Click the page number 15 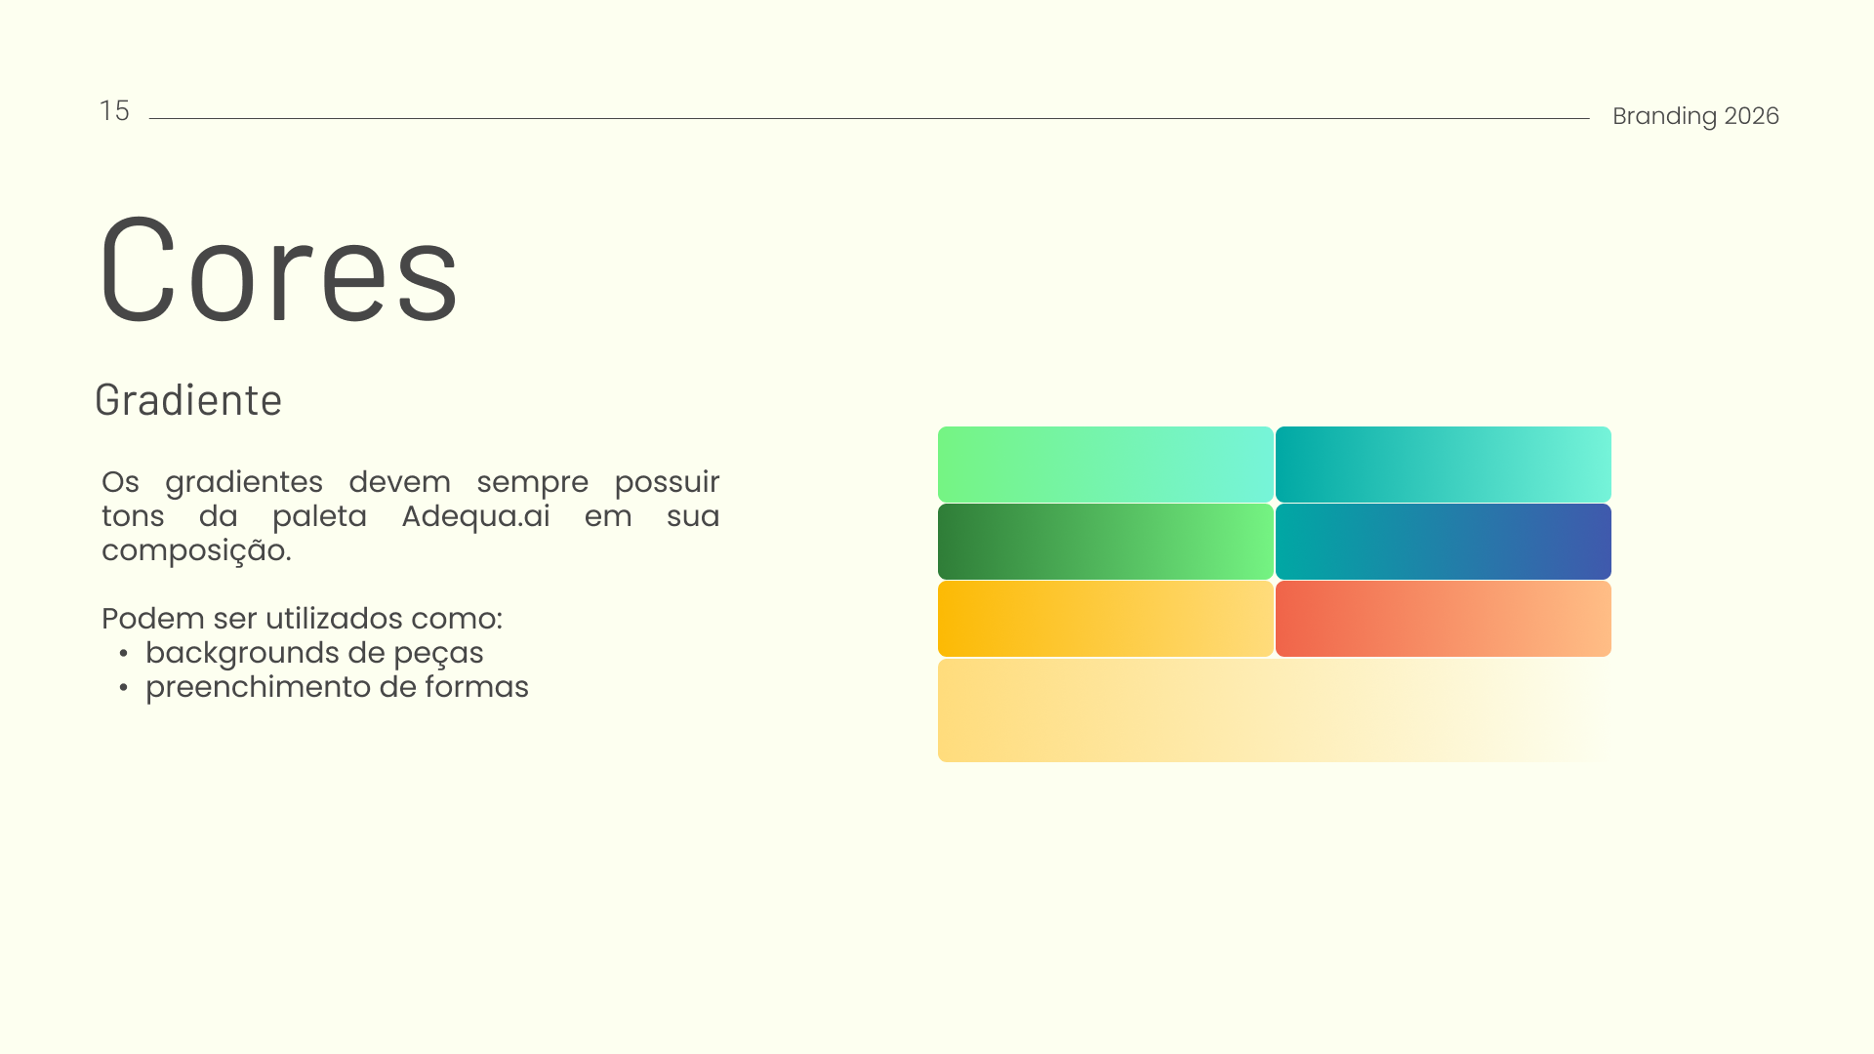click(114, 111)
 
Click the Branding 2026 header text click(1695, 116)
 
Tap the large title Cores click(278, 269)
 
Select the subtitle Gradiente click(188, 400)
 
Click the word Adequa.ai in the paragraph click(475, 516)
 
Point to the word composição click(196, 551)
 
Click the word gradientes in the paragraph click(243, 483)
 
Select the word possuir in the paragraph click(667, 482)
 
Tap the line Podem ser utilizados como click(302, 619)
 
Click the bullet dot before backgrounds click(124, 653)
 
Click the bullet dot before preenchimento click(124, 687)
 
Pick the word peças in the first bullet click(438, 654)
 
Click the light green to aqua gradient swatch click(1105, 465)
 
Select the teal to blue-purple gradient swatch click(1443, 542)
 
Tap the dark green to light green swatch click(1105, 542)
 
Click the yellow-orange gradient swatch click(1105, 619)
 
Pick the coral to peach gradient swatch click(1443, 619)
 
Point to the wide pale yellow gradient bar click(1275, 710)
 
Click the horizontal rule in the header click(869, 119)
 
